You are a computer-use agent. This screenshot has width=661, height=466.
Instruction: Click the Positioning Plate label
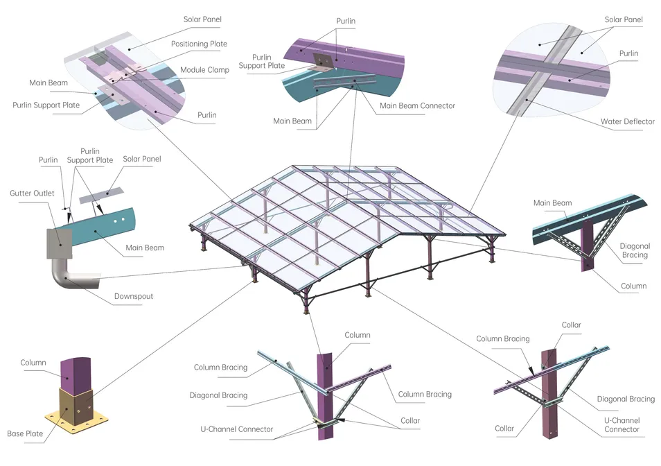pyautogui.click(x=199, y=44)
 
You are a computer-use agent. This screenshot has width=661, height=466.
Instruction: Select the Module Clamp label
pyautogui.click(x=204, y=70)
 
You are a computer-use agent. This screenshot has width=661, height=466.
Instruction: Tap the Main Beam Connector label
pyautogui.click(x=417, y=105)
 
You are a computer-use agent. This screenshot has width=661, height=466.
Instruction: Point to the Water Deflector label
pyautogui.click(x=628, y=121)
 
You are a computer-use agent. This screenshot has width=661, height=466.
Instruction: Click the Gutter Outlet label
pyautogui.click(x=31, y=193)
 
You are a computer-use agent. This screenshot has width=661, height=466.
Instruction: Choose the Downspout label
pyautogui.click(x=133, y=296)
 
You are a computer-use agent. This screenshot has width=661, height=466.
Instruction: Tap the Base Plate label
pyautogui.click(x=25, y=433)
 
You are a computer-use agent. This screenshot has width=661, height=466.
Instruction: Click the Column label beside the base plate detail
pyautogui.click(x=33, y=362)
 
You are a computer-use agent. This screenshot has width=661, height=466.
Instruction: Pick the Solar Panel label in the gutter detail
pyautogui.click(x=142, y=159)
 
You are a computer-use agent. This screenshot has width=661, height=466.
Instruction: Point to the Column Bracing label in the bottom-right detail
pyautogui.click(x=502, y=338)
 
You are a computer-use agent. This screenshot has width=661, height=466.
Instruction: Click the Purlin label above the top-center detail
pyautogui.click(x=346, y=21)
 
